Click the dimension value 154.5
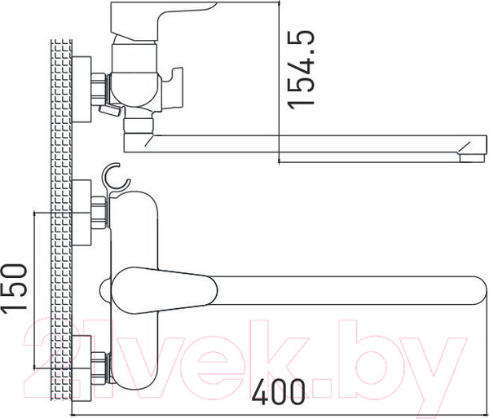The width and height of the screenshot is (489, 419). pyautogui.click(x=302, y=71)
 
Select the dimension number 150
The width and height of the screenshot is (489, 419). pyautogui.click(x=15, y=289)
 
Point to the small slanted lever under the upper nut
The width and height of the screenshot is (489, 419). pyautogui.click(x=106, y=108)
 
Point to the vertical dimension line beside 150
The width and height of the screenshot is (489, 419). pyautogui.click(x=35, y=289)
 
